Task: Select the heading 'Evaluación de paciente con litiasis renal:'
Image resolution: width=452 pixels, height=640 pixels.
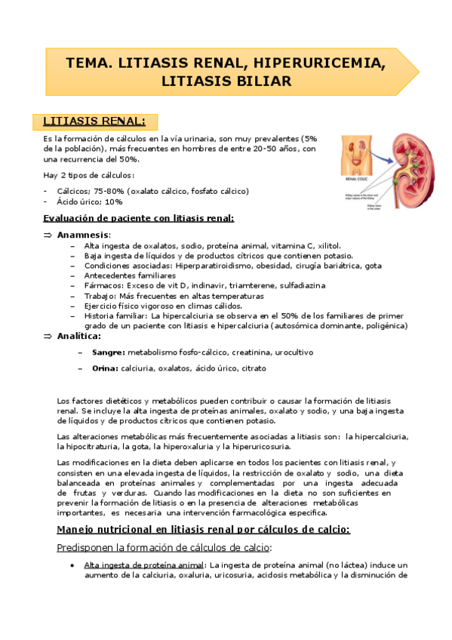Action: point(138,218)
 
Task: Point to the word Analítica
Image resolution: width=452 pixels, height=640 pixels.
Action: point(78,336)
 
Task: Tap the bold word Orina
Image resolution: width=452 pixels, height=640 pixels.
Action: point(105,368)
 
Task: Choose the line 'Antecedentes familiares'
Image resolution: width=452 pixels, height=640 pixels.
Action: point(130,276)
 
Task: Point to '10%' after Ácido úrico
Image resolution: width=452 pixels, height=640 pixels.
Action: point(114,202)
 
